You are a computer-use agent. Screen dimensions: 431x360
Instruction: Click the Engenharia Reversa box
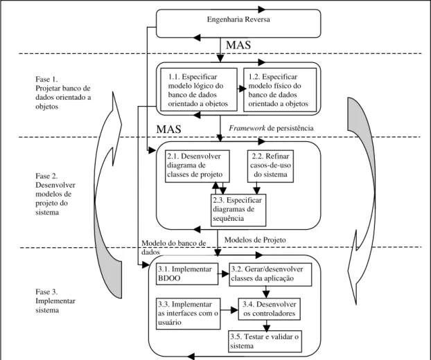pos(238,24)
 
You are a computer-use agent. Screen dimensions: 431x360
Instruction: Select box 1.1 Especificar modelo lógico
pos(199,89)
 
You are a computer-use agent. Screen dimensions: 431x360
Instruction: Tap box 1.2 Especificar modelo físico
pos(280,90)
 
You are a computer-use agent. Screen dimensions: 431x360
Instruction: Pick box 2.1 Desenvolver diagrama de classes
pos(197,166)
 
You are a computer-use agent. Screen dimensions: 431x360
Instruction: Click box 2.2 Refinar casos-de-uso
pos(270,166)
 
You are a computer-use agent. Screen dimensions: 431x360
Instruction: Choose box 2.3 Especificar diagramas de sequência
pos(238,210)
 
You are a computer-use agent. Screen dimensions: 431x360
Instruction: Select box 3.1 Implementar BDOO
pos(187,273)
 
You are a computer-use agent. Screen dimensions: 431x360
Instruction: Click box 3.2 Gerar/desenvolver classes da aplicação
pos(270,275)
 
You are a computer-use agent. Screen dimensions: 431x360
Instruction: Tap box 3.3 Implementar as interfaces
pos(188,314)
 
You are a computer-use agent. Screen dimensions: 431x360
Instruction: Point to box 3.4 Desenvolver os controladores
pos(269,309)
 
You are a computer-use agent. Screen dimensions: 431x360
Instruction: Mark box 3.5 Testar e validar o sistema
pos(265,341)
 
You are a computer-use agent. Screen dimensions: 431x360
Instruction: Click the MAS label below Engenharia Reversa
pos(238,45)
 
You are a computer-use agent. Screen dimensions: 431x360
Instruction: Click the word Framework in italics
pos(247,128)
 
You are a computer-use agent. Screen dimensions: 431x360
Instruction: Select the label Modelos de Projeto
pos(255,240)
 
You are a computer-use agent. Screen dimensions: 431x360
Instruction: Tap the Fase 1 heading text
pos(46,80)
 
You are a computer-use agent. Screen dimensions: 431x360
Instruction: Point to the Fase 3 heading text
pos(46,291)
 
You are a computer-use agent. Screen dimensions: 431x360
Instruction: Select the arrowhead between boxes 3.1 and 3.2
pos(226,273)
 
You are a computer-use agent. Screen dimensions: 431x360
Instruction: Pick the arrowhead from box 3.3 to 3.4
pos(234,310)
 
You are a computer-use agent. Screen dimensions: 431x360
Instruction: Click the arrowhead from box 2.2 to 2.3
pos(256,191)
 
